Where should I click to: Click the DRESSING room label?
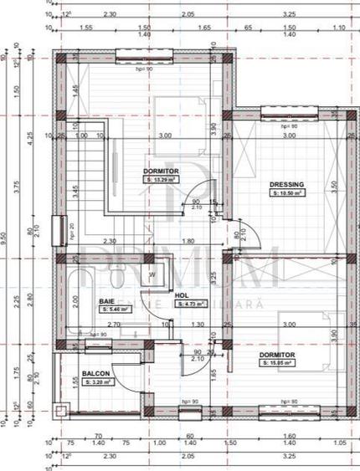286,184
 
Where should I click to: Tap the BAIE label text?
106,300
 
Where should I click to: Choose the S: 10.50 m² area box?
287,192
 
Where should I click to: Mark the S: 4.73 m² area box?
187,305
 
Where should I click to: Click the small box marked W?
152,274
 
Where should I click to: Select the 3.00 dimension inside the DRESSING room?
290,136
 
